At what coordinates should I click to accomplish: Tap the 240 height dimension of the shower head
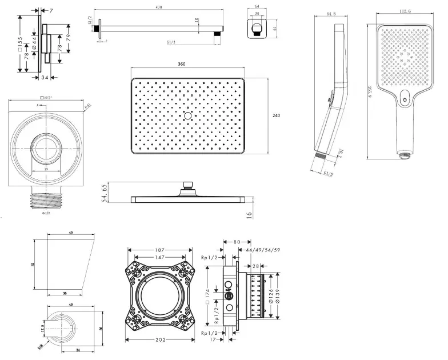pyautogui.click(x=276, y=116)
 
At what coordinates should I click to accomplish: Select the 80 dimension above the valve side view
pyautogui.click(x=237, y=242)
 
